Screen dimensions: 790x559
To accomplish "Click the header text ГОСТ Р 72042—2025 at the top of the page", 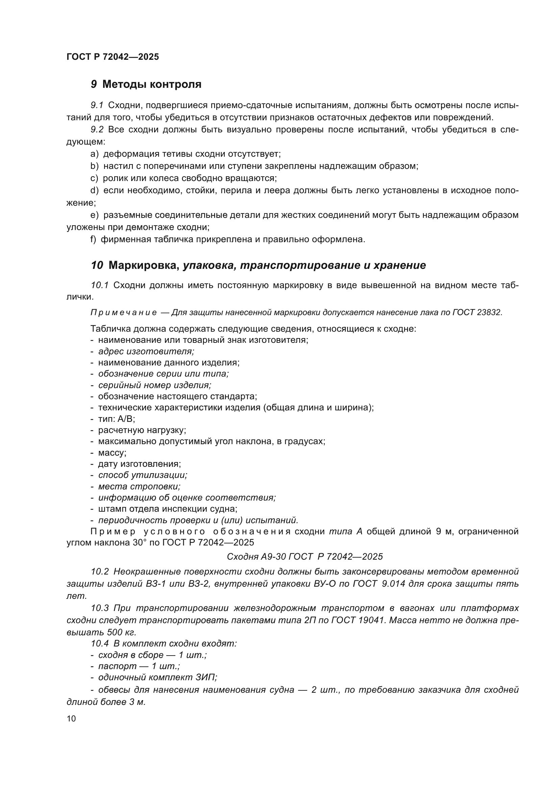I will (113, 57).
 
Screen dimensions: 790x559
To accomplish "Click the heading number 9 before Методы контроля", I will (94, 84).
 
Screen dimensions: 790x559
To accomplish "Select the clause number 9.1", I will (97, 105).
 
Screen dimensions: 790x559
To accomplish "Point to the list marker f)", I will (93, 239).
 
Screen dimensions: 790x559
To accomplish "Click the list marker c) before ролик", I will (94, 178).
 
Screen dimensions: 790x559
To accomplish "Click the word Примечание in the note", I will (124, 312).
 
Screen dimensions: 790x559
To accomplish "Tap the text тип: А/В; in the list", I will (116, 419).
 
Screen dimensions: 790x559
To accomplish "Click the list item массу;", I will (112, 453).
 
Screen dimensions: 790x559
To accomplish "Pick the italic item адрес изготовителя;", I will (146, 351).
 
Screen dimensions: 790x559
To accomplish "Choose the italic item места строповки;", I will (139, 486).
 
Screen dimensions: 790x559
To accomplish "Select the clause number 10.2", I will (99, 571).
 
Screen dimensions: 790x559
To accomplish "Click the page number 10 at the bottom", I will (71, 719).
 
